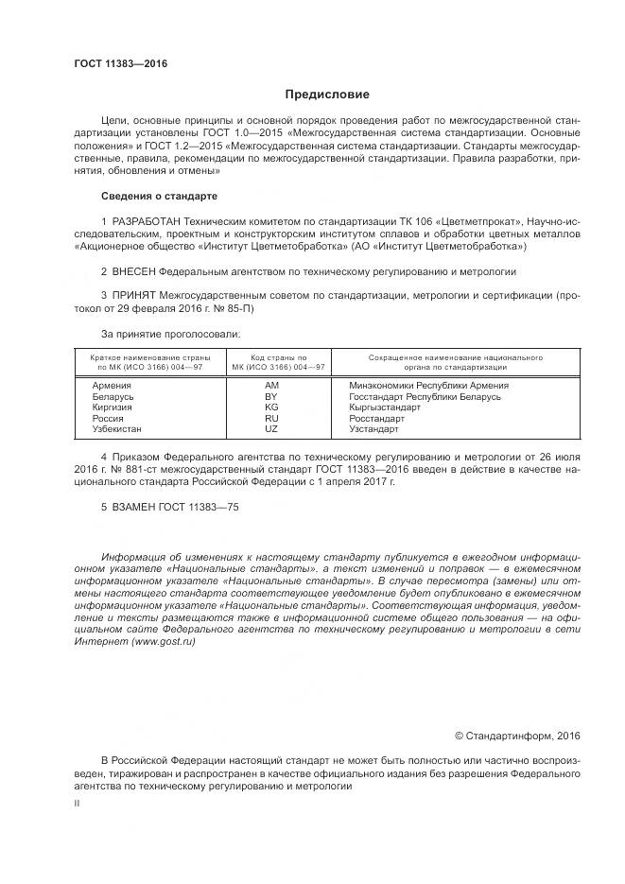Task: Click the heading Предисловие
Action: click(328, 95)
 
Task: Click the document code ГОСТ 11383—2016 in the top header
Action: click(120, 64)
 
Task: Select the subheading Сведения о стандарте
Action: click(159, 196)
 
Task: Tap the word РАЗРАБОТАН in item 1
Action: click(144, 221)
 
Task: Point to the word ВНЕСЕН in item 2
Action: click(136, 270)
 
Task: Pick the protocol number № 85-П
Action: click(234, 308)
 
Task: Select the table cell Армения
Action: click(112, 386)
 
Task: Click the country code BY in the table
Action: click(272, 397)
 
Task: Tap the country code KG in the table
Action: click(272, 407)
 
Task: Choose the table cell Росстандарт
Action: click(376, 418)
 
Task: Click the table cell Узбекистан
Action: click(117, 429)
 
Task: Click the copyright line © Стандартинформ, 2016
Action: click(517, 736)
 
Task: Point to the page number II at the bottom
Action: click(77, 803)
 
